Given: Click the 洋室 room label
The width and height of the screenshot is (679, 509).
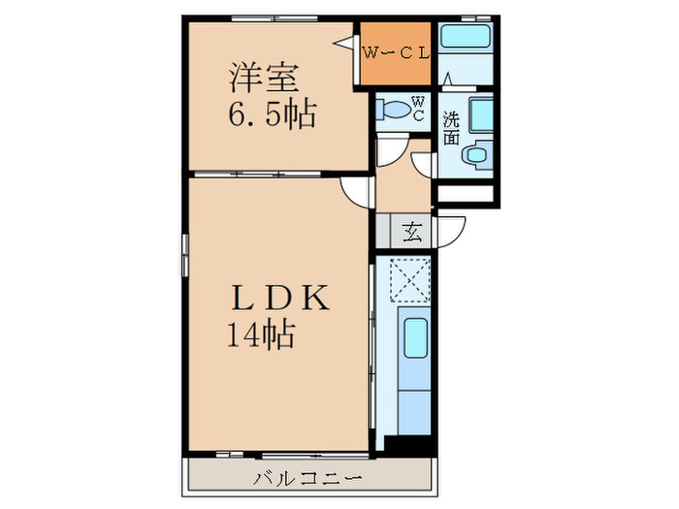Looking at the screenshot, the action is [x=264, y=78].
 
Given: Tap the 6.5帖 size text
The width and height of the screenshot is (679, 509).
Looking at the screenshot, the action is [x=273, y=113].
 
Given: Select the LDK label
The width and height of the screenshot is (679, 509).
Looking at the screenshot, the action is [x=280, y=298].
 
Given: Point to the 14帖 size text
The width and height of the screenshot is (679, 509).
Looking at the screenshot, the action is [x=261, y=334].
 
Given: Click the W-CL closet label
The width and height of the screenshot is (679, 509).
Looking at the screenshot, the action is [x=396, y=53].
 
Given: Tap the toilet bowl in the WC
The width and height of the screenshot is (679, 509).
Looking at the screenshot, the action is [x=393, y=110].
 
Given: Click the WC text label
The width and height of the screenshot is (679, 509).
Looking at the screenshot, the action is [x=418, y=109].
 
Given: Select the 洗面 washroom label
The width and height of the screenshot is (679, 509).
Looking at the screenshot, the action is [x=451, y=128].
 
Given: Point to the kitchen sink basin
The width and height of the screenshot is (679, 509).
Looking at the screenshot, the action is [x=416, y=338].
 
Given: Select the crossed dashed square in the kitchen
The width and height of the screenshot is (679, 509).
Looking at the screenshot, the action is [x=409, y=279].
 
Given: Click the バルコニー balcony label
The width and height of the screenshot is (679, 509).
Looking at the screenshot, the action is [x=307, y=478].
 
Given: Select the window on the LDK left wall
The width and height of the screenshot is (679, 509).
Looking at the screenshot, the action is [x=185, y=255].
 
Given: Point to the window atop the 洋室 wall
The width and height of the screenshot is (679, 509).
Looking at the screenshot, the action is [x=275, y=18].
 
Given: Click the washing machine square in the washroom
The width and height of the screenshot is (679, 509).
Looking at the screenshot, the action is [x=481, y=114].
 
